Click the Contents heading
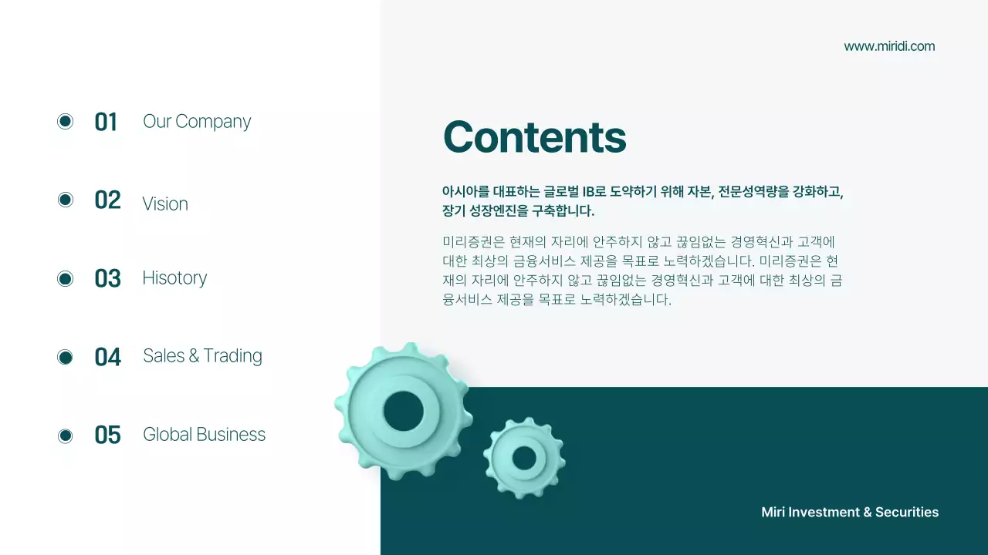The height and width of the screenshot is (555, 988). [x=534, y=137]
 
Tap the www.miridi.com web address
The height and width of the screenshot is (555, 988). [x=889, y=46]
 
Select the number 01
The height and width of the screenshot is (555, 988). [x=106, y=122]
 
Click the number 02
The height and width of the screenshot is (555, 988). [x=107, y=200]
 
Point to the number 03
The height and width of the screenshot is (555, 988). [x=107, y=278]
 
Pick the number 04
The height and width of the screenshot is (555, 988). [x=107, y=357]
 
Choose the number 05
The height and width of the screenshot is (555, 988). [x=107, y=436]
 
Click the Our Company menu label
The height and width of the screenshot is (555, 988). [x=197, y=122]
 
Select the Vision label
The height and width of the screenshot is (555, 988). [x=165, y=203]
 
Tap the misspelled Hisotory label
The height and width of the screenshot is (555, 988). [x=174, y=277]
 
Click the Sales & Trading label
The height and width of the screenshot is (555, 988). [x=202, y=355]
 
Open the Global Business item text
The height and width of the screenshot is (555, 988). [x=204, y=435]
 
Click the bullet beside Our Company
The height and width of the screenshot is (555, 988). [x=66, y=121]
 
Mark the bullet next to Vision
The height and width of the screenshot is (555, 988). [x=66, y=200]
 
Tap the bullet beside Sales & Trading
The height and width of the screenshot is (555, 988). [x=66, y=357]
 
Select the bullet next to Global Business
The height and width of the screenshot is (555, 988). [x=66, y=436]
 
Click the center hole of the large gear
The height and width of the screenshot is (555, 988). [x=403, y=411]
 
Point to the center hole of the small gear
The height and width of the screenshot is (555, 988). [x=524, y=458]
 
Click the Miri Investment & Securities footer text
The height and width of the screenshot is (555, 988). [x=850, y=513]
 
